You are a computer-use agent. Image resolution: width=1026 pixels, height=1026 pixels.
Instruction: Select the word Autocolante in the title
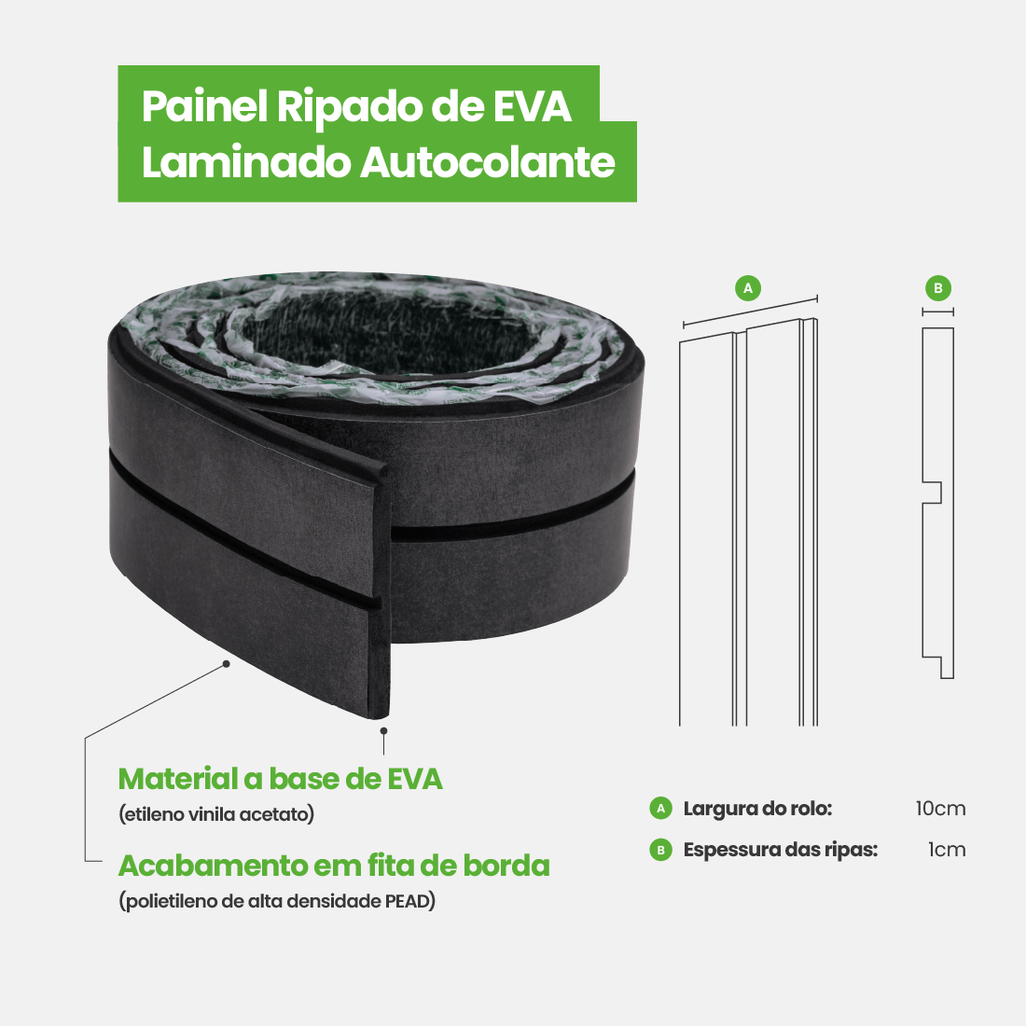click(488, 162)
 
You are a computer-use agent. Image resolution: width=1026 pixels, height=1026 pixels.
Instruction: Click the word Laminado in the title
click(245, 162)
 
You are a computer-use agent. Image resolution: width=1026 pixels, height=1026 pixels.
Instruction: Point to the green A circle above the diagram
click(748, 288)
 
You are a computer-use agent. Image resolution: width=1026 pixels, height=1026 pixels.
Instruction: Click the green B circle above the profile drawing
click(938, 288)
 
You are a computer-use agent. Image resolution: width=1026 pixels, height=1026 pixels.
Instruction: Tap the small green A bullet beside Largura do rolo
click(661, 808)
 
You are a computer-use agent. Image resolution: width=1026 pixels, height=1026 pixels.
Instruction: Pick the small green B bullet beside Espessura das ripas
click(661, 850)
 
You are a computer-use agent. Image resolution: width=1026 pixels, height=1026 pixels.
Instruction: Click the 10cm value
click(940, 808)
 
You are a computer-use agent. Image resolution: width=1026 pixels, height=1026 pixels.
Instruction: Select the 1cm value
click(947, 850)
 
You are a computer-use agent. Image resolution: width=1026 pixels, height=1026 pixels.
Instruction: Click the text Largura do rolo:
click(757, 808)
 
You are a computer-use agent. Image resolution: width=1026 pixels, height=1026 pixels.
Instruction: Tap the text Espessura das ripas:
click(780, 850)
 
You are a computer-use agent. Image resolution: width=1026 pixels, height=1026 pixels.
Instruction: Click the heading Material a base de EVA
click(280, 778)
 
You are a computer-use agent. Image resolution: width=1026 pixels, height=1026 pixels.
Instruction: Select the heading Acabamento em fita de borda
click(334, 866)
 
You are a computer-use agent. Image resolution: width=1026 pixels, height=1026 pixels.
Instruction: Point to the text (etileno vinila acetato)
click(216, 814)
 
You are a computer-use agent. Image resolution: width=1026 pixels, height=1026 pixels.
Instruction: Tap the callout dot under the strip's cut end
click(383, 731)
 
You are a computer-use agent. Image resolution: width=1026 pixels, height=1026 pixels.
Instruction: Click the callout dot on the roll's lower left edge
click(226, 663)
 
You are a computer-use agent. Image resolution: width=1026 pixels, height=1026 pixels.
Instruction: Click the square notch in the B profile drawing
click(933, 492)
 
